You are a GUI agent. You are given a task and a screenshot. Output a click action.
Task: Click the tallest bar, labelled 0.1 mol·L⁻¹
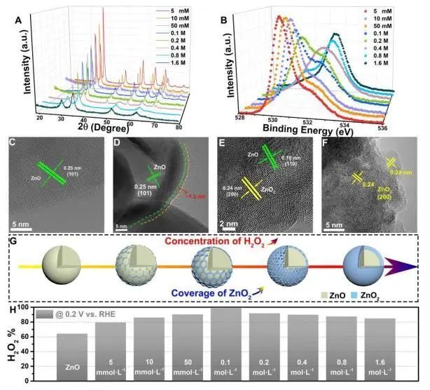tap(221, 344)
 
